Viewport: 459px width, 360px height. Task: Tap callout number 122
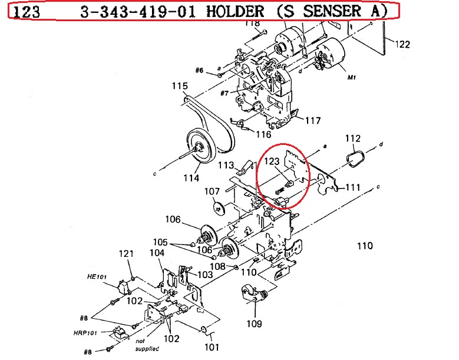[402, 44]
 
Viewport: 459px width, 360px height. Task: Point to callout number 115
[180, 86]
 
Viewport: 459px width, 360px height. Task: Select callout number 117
[313, 121]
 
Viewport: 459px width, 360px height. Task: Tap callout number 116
[263, 134]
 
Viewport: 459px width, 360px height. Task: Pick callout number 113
[227, 166]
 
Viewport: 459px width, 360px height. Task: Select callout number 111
[352, 187]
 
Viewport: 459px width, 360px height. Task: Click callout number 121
[127, 253]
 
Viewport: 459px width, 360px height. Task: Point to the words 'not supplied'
[147, 345]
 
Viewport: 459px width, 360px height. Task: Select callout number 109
[253, 323]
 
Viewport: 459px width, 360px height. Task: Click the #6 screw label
[199, 71]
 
